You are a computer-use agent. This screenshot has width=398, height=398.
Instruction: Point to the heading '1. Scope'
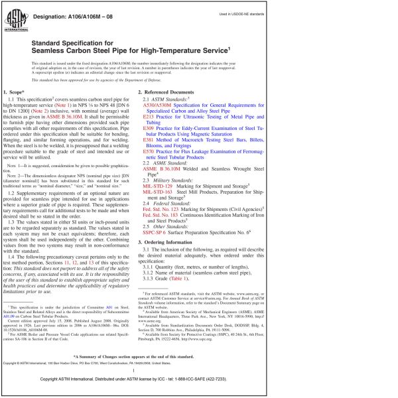(x=14, y=90)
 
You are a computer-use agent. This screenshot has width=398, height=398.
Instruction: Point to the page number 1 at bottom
(x=199, y=371)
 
